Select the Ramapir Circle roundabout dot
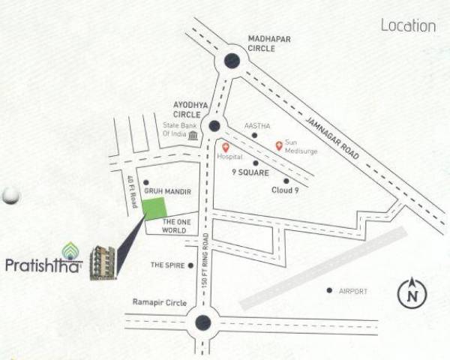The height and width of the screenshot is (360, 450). (x=202, y=323)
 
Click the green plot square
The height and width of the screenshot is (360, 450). (x=155, y=209)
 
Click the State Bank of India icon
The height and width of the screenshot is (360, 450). (x=193, y=135)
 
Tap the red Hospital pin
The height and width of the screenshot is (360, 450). (x=225, y=146)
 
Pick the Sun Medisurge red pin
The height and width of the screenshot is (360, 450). (x=279, y=145)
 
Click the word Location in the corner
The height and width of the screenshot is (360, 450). (x=408, y=25)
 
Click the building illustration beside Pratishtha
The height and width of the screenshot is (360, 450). (x=102, y=262)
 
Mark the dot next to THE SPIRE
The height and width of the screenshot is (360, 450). (x=191, y=265)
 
